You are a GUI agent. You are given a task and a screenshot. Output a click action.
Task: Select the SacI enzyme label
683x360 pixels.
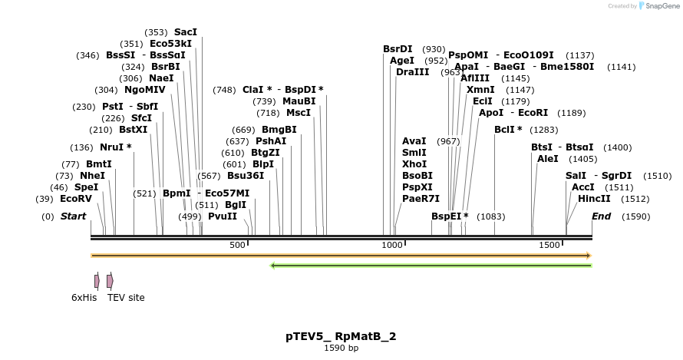point(186,32)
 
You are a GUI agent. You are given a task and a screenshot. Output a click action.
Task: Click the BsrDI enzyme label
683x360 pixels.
point(398,49)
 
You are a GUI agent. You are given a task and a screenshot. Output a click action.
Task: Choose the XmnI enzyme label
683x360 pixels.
point(480,90)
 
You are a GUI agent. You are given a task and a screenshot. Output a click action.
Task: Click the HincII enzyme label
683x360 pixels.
point(594,199)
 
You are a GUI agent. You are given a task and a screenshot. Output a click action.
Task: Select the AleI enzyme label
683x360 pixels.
point(548,159)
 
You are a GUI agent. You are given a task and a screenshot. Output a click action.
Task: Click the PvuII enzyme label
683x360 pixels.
point(223,216)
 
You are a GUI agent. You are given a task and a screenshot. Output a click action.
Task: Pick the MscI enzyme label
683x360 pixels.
point(299,113)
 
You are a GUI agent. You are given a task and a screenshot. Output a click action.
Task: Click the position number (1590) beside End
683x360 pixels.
point(636,217)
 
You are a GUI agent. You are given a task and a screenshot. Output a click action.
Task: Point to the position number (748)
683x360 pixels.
point(224,90)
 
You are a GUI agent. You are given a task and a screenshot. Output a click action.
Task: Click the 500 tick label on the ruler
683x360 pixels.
point(237,245)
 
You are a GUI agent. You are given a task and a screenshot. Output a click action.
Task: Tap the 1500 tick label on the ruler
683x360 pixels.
point(549,245)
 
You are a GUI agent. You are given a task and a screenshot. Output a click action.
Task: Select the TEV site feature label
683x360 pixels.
point(126,298)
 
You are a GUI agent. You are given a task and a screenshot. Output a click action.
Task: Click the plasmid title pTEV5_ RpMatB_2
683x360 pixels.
point(341,336)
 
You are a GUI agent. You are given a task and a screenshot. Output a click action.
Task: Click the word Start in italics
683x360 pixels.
point(73,216)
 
